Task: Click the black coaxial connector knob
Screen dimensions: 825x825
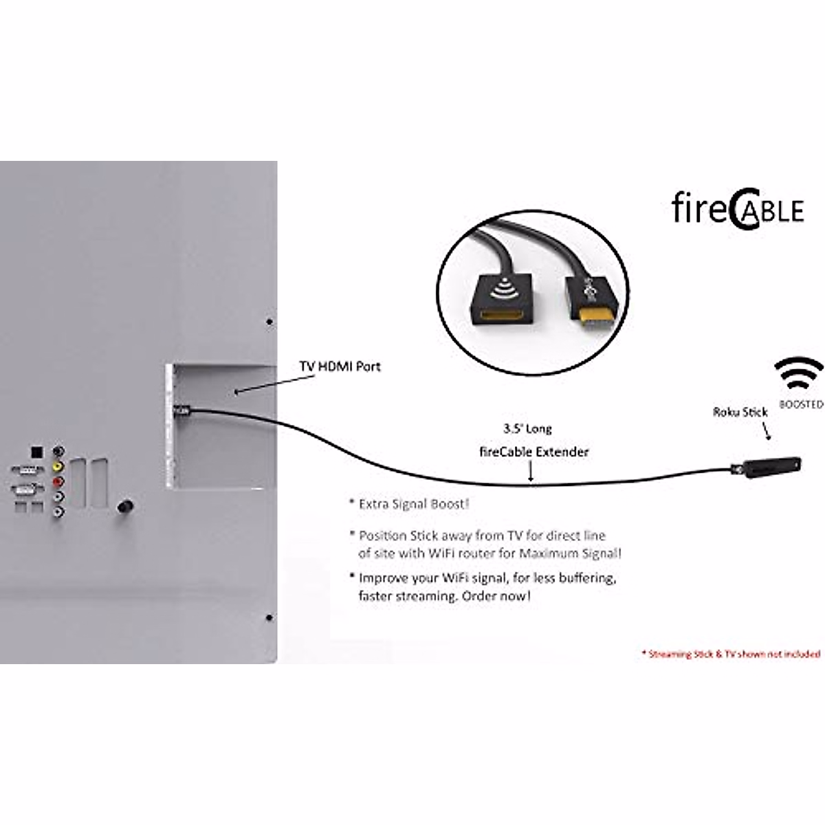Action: (126, 507)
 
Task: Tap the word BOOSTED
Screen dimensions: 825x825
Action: (801, 405)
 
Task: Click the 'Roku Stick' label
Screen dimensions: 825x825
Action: (740, 412)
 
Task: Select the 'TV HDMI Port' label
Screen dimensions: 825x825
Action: (340, 366)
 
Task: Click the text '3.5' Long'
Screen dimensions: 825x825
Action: (527, 429)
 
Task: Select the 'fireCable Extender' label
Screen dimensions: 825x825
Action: (533, 452)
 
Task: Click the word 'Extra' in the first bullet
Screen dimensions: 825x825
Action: (374, 504)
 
